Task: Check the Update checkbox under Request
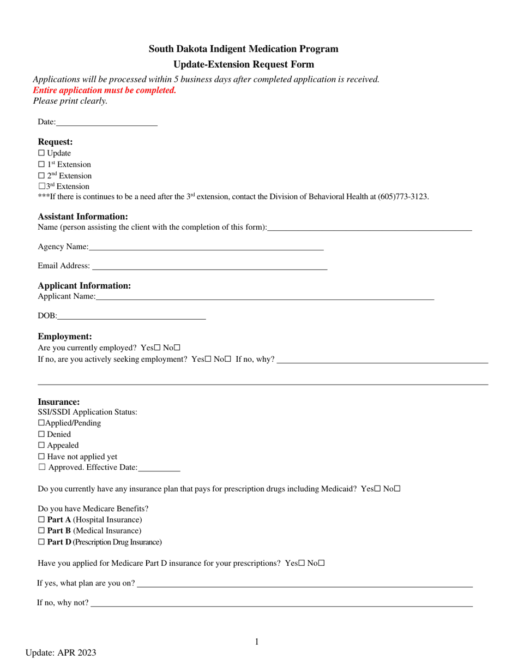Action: [x=41, y=153]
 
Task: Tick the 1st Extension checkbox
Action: [x=41, y=165]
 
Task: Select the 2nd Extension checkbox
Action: [x=41, y=176]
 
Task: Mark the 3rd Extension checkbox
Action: [x=41, y=187]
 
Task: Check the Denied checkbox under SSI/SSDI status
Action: [x=41, y=435]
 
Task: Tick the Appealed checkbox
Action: [x=41, y=446]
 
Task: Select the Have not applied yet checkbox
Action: [x=41, y=457]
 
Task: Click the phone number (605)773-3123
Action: [x=403, y=196]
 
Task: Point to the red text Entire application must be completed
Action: [x=105, y=91]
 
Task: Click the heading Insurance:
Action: [x=59, y=402]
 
